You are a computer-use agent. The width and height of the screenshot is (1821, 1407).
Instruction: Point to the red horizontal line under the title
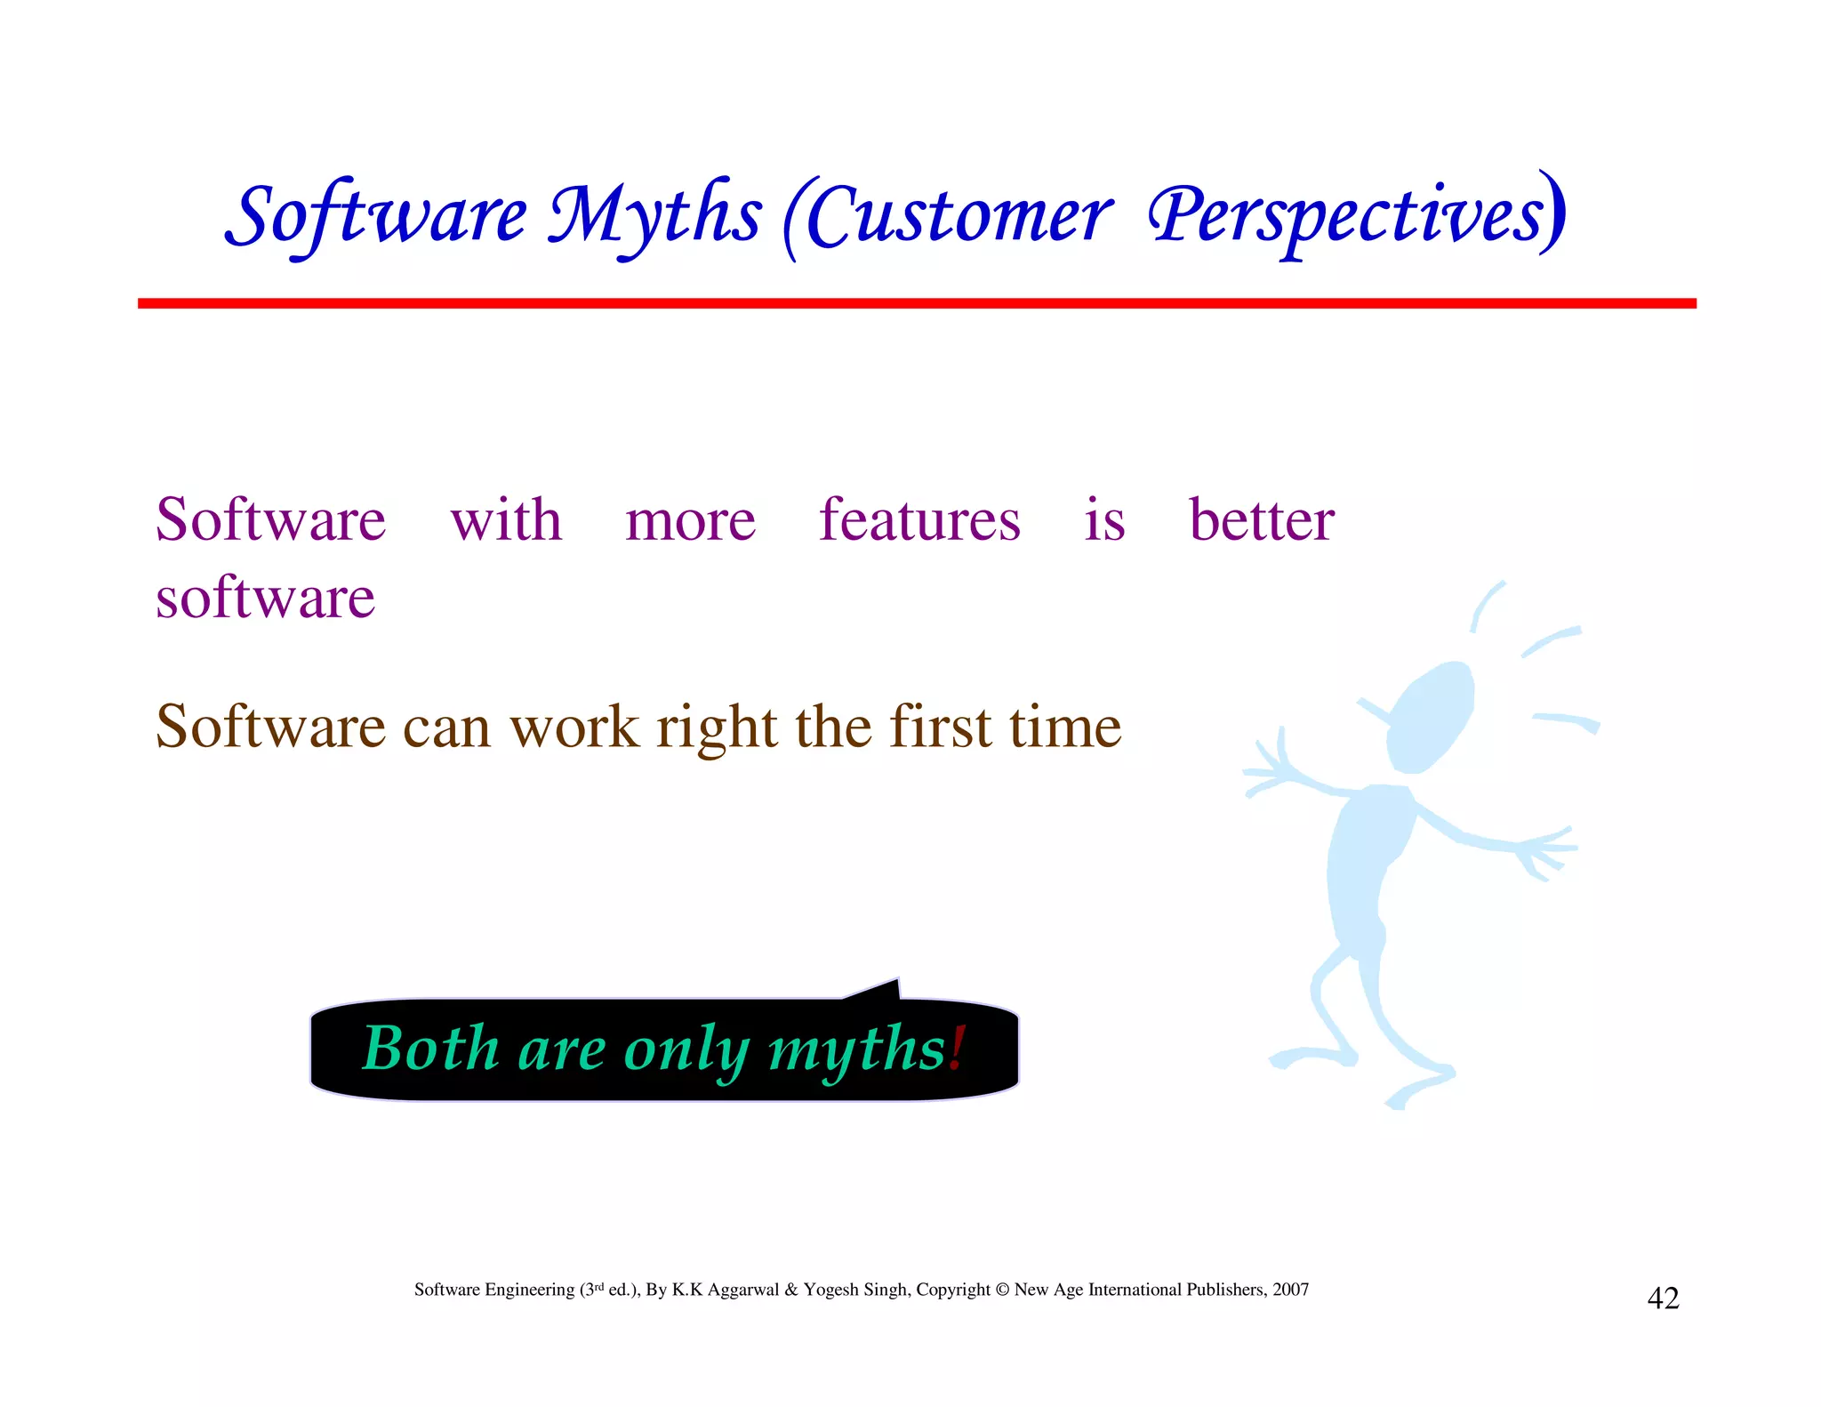[916, 303]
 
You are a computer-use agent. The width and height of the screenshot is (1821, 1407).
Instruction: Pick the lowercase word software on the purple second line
[265, 598]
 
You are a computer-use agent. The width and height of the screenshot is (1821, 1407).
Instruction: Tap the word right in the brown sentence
[717, 728]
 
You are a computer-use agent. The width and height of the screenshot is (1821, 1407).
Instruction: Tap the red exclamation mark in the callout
[957, 1048]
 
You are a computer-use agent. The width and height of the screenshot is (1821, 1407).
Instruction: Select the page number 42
[1663, 1298]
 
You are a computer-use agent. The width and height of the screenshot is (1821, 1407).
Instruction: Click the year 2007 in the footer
[1290, 1290]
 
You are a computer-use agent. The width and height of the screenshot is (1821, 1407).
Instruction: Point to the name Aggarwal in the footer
[743, 1290]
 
